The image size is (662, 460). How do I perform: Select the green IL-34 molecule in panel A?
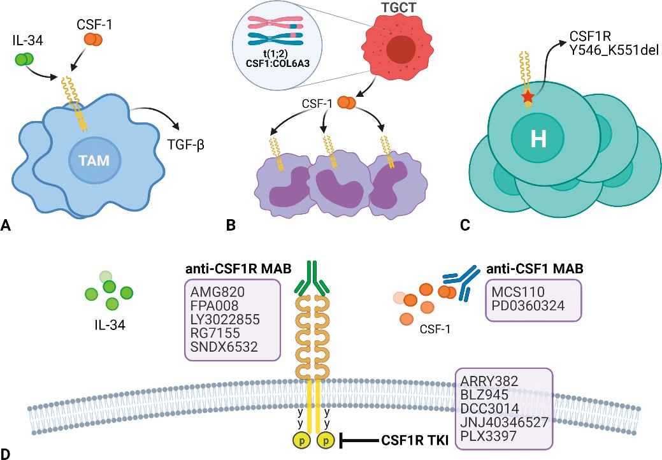tap(24, 60)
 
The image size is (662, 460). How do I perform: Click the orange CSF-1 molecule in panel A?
tap(92, 40)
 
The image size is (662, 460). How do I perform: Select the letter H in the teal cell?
tap(539, 140)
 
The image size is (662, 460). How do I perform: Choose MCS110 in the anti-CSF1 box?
tap(518, 292)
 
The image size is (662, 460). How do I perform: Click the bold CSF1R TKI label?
tap(414, 440)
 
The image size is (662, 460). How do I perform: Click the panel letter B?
tap(231, 224)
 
